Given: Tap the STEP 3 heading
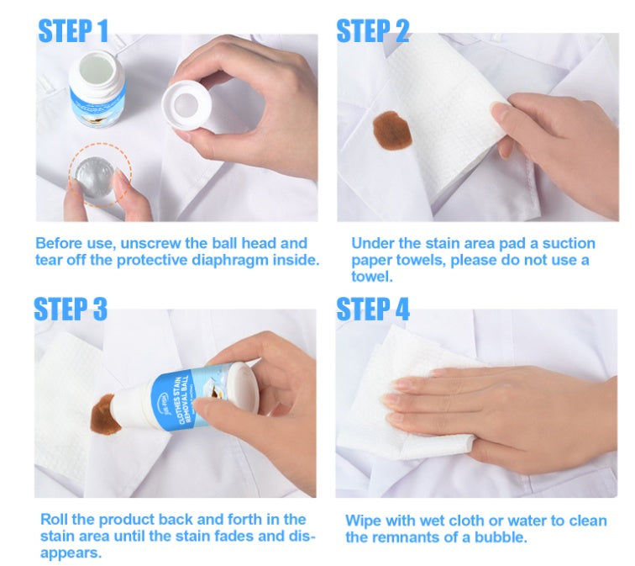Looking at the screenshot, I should pyautogui.click(x=71, y=309).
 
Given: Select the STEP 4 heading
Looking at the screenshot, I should pyautogui.click(x=373, y=309).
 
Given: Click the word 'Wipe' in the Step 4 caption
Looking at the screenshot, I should pyautogui.click(x=363, y=521).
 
